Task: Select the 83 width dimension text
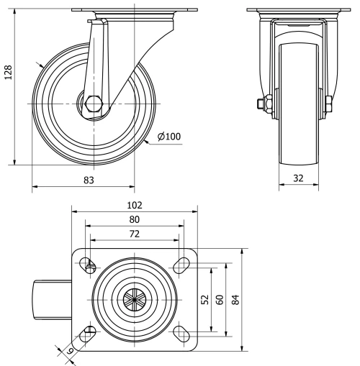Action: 88,180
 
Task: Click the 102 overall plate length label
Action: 135,204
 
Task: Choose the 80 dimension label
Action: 135,219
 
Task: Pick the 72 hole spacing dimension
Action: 135,234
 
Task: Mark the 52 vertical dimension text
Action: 204,299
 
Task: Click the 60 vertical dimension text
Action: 220,299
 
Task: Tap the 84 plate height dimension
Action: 235,299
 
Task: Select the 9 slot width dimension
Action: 70,350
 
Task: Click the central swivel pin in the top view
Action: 134,298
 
